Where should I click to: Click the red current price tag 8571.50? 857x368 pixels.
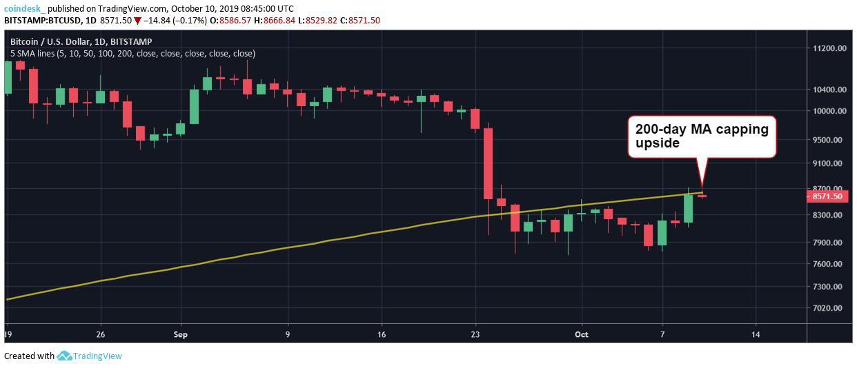click(x=827, y=196)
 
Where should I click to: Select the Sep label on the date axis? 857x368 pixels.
click(x=181, y=334)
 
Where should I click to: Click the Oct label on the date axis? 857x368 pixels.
click(x=582, y=334)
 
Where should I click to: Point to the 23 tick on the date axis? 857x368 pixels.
click(x=475, y=334)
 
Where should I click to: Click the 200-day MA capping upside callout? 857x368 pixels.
click(x=700, y=136)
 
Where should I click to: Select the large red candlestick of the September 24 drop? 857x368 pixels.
click(x=488, y=163)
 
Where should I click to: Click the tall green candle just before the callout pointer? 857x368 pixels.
click(x=688, y=208)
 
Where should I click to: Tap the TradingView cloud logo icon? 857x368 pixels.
click(x=65, y=356)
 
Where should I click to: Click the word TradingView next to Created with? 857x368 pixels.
click(x=98, y=356)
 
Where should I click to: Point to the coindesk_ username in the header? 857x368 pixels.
click(x=25, y=8)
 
